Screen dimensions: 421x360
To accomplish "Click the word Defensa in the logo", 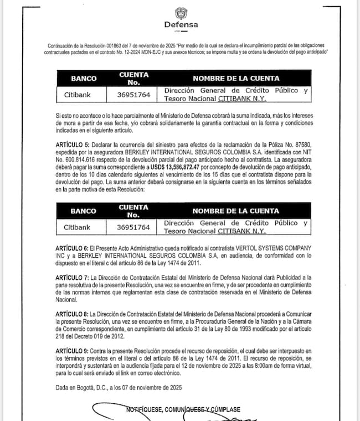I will (181, 24).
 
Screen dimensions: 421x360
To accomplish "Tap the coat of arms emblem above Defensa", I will (181, 12).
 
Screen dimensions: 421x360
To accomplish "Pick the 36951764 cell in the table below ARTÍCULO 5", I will (133, 227).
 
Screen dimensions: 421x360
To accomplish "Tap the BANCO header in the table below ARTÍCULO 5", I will (83, 211).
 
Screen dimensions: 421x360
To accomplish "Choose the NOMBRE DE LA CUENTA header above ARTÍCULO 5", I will (235, 78).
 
